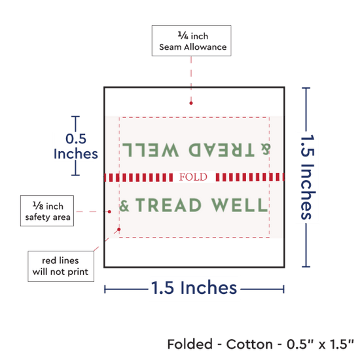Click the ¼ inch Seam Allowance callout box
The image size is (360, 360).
pos(192,41)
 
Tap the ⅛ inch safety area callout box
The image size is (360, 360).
pos(47,211)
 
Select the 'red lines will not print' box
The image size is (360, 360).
pos(61,266)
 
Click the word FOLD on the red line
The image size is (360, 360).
pos(193,177)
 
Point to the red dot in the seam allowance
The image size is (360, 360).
pos(191,103)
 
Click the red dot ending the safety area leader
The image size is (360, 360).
pos(109,211)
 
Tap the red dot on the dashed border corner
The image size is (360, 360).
pos(119,229)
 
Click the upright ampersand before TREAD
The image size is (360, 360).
pos(124,206)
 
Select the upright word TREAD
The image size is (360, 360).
pos(169,205)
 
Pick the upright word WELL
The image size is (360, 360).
pos(239,205)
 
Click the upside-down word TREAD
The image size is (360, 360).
pos(221,150)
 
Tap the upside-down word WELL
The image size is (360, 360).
pos(151,150)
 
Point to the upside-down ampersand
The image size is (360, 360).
pos(266,149)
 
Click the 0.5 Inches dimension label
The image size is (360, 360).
pos(75,146)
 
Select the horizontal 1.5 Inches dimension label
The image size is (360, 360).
pos(194,287)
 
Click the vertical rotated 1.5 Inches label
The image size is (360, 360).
pos(308,177)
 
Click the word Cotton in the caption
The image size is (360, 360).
pos(249,344)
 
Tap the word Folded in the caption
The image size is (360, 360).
pos(190,344)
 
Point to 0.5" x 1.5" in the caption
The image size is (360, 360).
pos(320,344)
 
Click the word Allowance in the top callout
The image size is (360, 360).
pos(206,47)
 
